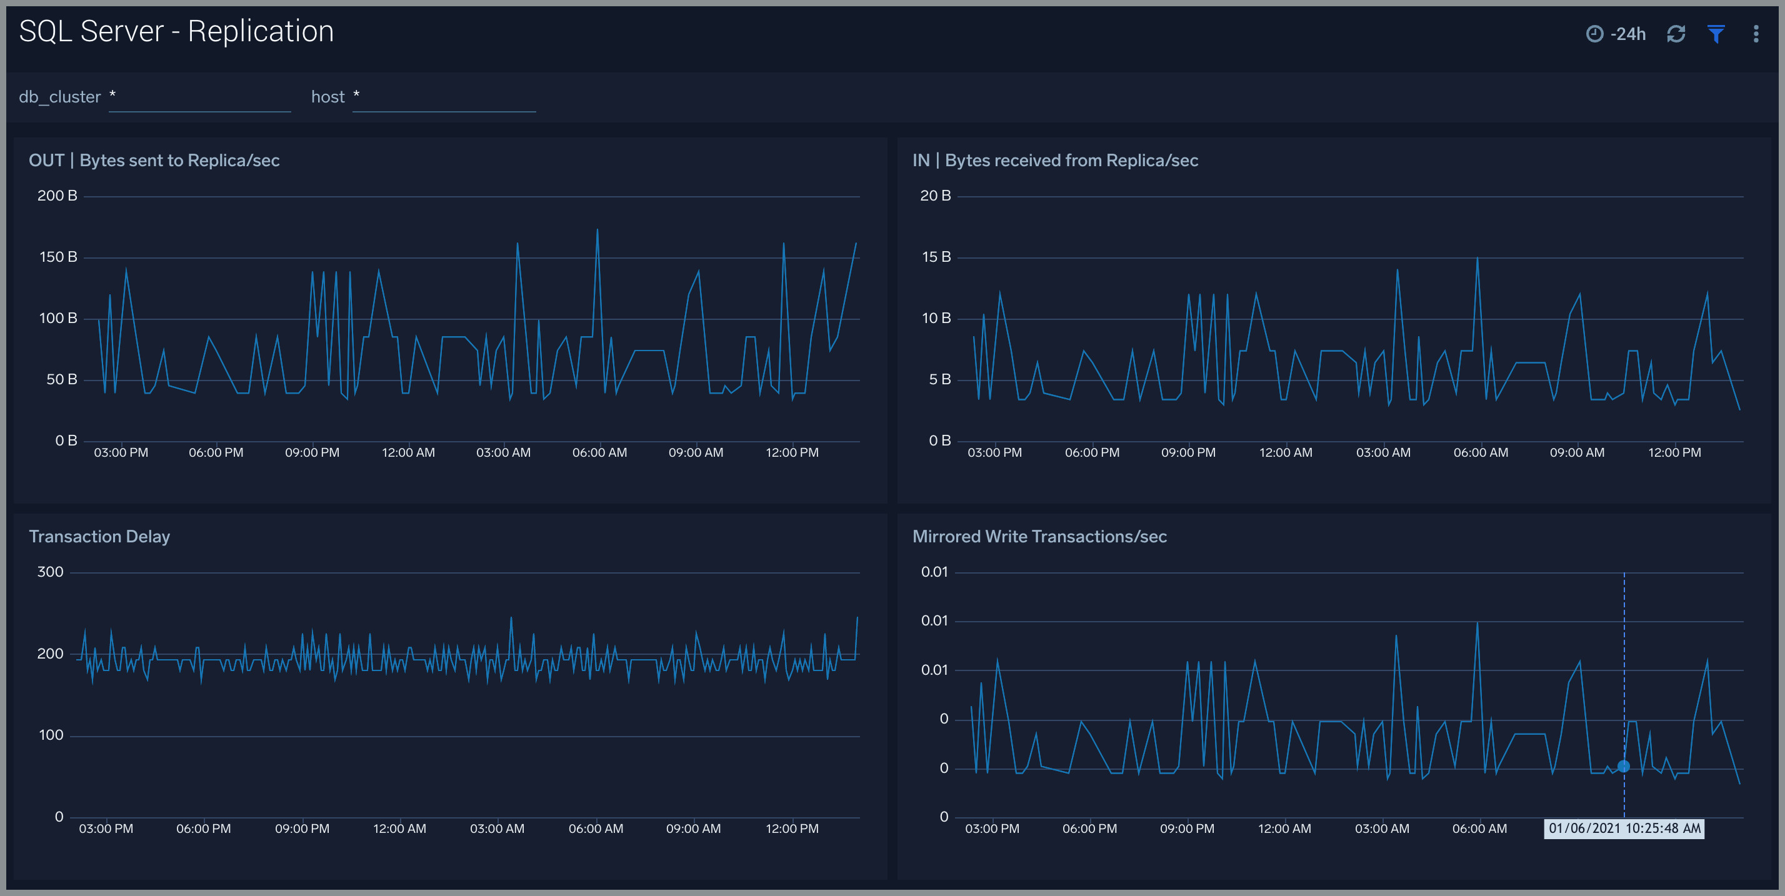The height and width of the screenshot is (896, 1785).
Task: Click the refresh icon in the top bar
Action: click(x=1676, y=34)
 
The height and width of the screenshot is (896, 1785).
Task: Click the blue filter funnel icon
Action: click(x=1716, y=34)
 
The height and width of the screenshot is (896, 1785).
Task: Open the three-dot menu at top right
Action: click(x=1756, y=34)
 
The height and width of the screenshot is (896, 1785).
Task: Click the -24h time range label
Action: click(x=1627, y=34)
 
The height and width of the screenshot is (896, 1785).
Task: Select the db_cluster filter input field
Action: click(x=199, y=97)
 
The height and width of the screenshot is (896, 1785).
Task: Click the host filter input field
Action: click(x=444, y=97)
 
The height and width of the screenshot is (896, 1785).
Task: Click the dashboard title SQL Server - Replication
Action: click(x=176, y=32)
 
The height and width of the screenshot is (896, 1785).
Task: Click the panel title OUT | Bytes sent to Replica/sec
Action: click(x=154, y=161)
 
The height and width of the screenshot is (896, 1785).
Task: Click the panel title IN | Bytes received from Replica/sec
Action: click(x=1054, y=161)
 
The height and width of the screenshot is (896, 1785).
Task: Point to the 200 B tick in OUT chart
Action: click(x=57, y=196)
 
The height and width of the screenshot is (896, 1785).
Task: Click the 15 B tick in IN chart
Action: click(x=936, y=257)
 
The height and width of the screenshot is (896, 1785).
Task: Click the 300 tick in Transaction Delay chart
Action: click(x=50, y=572)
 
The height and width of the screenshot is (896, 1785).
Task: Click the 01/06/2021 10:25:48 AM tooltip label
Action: click(x=1624, y=829)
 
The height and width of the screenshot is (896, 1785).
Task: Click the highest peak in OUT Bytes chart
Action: click(x=597, y=230)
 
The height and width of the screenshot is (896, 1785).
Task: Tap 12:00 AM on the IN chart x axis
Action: click(x=1286, y=452)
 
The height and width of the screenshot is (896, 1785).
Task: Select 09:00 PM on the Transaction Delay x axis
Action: click(x=302, y=829)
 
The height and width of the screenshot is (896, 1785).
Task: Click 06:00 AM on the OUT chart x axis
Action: click(x=599, y=452)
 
